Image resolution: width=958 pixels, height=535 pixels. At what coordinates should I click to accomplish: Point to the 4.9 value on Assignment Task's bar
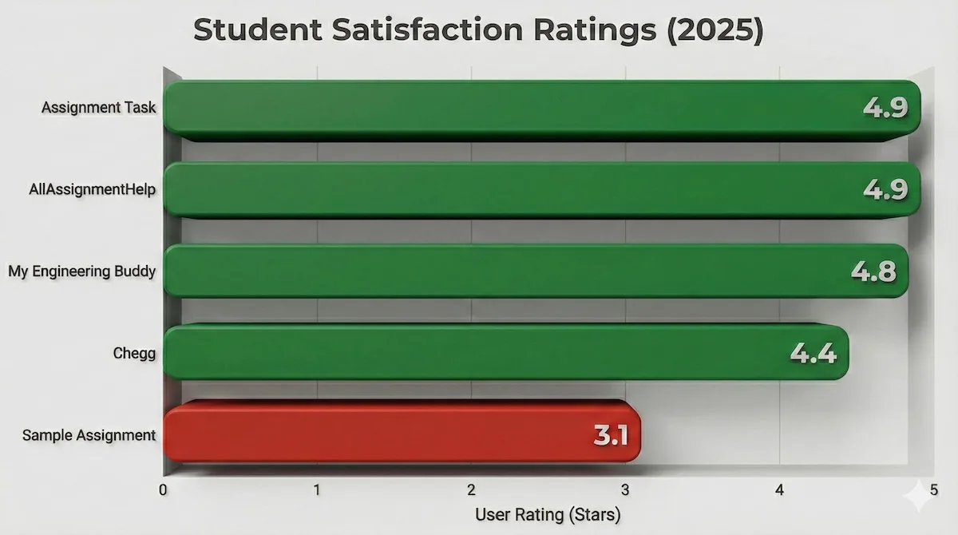tap(885, 109)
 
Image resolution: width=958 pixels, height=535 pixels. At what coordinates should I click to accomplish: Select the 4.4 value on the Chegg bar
tap(814, 352)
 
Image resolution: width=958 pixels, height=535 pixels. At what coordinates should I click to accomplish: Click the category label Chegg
tap(134, 353)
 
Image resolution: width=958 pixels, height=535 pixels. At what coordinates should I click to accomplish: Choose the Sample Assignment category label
tap(89, 435)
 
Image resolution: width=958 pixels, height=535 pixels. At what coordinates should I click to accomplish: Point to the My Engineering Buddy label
tap(81, 271)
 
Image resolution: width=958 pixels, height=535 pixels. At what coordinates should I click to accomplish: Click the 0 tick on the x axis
tap(164, 489)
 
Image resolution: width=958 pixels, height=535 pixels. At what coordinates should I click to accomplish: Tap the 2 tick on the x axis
tap(472, 489)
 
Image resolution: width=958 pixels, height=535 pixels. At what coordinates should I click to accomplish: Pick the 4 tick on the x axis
tap(780, 489)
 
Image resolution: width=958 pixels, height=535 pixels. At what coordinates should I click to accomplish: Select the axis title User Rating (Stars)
tap(548, 515)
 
